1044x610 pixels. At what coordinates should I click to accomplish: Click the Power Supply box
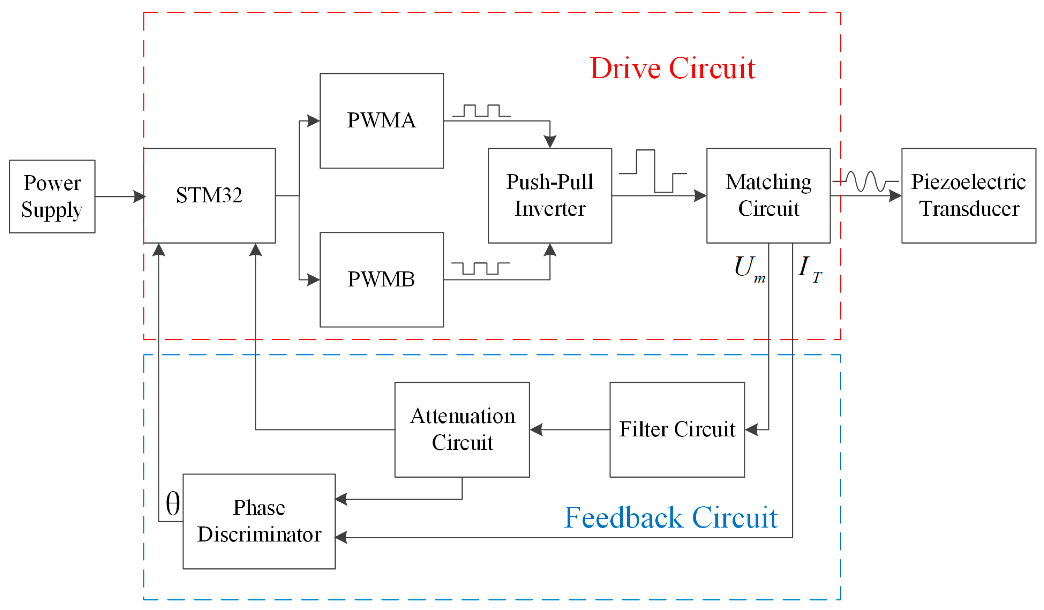52,196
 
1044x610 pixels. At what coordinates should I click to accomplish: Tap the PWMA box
382,121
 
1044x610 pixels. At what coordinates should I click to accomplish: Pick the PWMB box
382,280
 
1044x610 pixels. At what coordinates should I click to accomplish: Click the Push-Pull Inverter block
550,195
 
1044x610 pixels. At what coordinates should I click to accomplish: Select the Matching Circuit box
768,195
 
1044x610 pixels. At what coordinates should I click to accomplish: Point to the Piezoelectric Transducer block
968,195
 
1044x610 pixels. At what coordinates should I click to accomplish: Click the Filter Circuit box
677,430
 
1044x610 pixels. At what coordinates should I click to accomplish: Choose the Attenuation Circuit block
462,430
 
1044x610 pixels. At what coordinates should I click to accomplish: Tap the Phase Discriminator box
259,521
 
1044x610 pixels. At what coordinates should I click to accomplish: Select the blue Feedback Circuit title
671,518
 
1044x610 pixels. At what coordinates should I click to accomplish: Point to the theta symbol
173,504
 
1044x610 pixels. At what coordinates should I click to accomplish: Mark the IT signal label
809,268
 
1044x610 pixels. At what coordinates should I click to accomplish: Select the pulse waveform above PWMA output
481,111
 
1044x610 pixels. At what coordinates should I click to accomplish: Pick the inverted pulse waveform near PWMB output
480,268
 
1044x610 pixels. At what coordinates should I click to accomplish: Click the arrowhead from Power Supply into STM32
140,196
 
